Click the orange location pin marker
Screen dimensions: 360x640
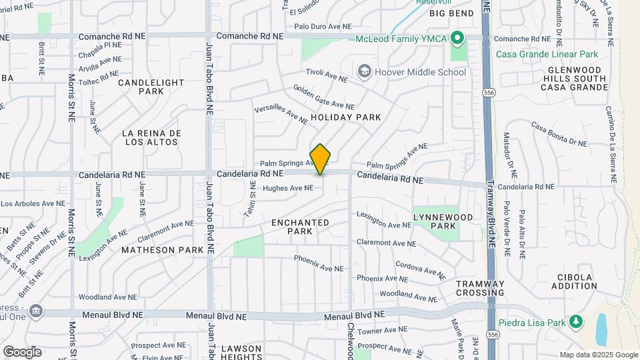point(321,159)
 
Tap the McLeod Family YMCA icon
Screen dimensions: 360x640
point(457,39)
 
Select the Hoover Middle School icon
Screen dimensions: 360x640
point(364,71)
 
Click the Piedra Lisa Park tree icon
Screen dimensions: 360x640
point(575,323)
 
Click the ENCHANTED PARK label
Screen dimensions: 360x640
point(300,227)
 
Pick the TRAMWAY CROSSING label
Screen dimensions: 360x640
point(480,288)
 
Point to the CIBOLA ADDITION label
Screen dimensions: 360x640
point(575,281)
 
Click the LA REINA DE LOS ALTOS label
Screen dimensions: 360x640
point(152,137)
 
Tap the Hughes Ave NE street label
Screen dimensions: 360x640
point(287,189)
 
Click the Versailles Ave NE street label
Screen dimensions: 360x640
point(281,115)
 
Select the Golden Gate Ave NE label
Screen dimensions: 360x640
point(323,97)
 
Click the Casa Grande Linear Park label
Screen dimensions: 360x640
point(547,54)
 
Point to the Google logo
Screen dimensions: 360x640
point(22,351)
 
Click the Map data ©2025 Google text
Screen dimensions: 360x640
point(598,355)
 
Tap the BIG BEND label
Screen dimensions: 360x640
point(446,13)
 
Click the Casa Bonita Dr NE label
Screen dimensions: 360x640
point(559,134)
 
